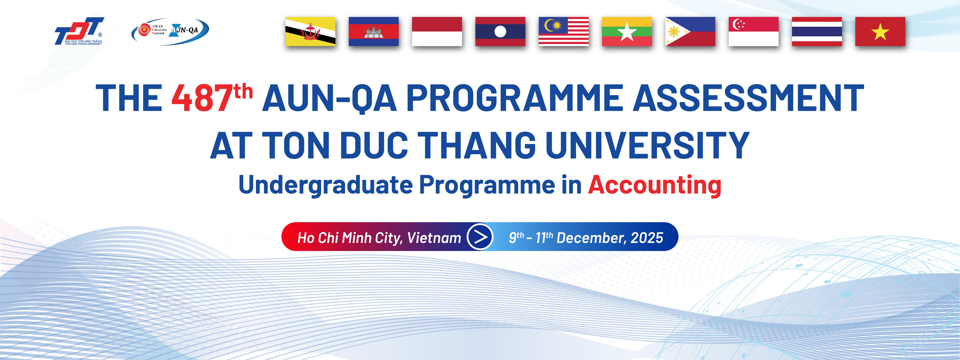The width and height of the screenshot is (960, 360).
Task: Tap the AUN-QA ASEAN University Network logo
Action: point(170,31)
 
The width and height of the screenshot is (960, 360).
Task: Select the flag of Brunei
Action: point(310,31)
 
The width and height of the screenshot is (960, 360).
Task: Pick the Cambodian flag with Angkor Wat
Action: point(373,31)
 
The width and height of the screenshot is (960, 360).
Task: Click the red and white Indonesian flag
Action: point(437,31)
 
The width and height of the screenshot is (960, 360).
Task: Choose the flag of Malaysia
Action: point(563,31)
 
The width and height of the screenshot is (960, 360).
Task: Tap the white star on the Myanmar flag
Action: point(627,32)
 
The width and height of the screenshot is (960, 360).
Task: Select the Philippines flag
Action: point(690,31)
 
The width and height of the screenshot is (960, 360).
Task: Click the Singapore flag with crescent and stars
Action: point(754,31)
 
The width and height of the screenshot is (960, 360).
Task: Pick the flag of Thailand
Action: point(817,31)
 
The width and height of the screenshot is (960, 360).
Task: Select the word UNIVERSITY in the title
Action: point(648,145)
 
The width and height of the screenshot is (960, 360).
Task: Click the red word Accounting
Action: point(654,185)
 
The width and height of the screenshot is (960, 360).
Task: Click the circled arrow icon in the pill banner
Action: point(480,237)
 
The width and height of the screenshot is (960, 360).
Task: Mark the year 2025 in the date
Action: point(647,238)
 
